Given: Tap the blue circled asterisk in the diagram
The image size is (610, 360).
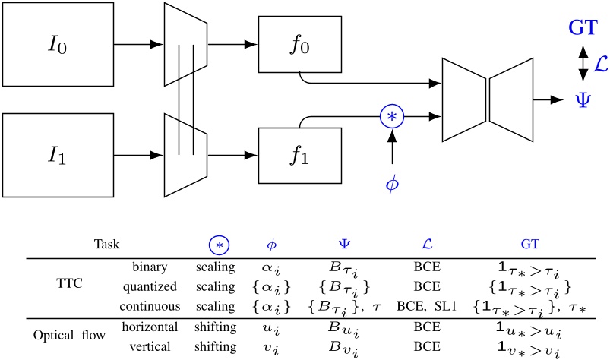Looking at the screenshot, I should pyautogui.click(x=391, y=116).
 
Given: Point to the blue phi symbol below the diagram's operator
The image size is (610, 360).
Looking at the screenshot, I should pyautogui.click(x=391, y=185).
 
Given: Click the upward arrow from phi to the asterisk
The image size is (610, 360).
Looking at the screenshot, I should pyautogui.click(x=391, y=148).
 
